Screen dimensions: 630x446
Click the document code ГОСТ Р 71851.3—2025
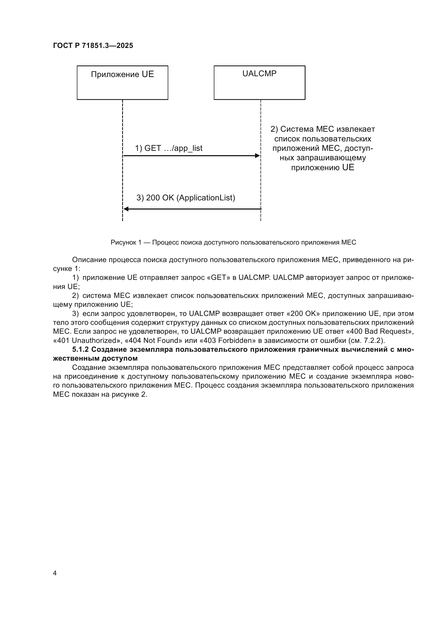(x=93, y=46)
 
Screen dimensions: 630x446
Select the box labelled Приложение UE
(x=122, y=83)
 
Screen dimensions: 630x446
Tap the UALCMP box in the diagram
(x=259, y=83)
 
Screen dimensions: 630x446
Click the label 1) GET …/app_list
(x=168, y=148)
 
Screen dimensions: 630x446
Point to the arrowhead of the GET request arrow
(x=257, y=156)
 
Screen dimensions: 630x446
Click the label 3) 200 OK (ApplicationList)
(x=186, y=197)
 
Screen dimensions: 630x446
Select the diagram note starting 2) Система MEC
(x=323, y=148)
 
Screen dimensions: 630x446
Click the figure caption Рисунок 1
(x=233, y=242)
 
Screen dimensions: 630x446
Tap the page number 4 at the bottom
(x=55, y=573)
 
